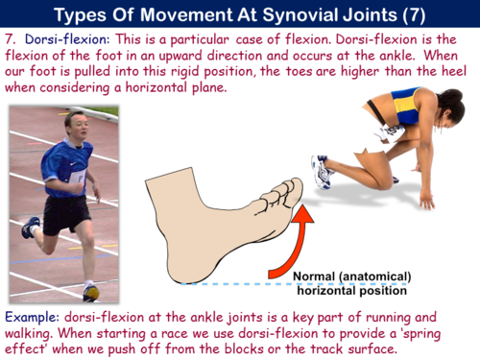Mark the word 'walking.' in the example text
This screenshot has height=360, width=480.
[38, 333]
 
